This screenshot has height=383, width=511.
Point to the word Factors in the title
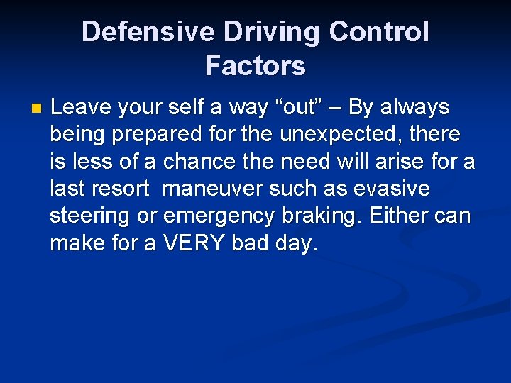tap(255, 66)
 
